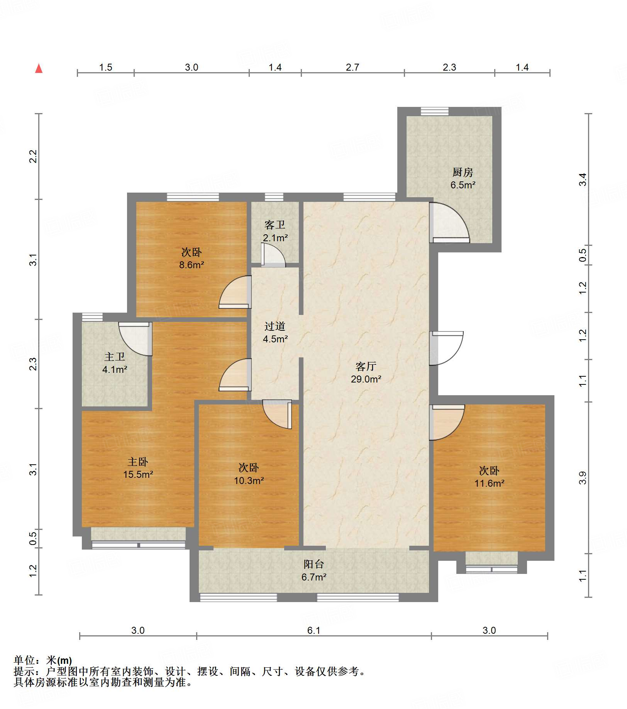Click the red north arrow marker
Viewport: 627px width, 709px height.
click(39, 68)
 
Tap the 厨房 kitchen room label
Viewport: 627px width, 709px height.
click(463, 172)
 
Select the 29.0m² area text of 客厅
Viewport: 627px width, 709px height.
click(366, 379)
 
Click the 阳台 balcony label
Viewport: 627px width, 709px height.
click(313, 564)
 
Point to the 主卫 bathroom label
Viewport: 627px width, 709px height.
click(115, 357)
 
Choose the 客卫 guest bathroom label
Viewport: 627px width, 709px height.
click(275, 225)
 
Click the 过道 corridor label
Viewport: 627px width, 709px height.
click(275, 326)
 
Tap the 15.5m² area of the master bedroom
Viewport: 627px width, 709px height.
click(138, 474)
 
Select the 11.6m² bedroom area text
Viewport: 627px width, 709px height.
click(490, 483)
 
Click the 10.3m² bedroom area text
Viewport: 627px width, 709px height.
click(249, 481)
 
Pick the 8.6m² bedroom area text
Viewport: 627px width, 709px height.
click(191, 265)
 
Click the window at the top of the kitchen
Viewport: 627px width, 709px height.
click(435, 112)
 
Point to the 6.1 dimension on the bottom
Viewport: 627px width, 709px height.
click(313, 630)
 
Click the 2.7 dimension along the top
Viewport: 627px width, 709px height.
click(352, 68)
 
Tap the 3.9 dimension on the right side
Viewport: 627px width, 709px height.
click(583, 478)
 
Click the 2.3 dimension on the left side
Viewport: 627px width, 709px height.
click(33, 364)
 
